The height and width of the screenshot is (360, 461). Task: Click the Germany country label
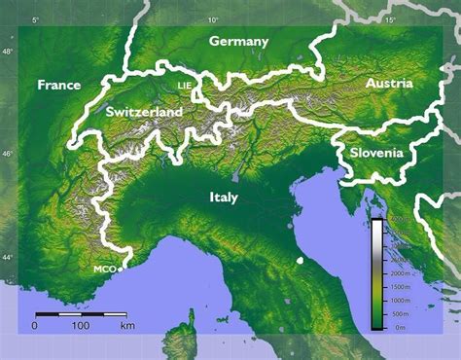(238, 42)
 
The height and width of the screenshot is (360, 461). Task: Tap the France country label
(58, 85)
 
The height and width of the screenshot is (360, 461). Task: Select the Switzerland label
(144, 112)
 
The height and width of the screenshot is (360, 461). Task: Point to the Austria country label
(389, 85)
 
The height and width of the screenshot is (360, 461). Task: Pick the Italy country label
(223, 197)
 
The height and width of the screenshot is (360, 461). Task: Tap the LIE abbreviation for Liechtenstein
(186, 86)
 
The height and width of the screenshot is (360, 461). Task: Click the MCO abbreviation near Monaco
(104, 269)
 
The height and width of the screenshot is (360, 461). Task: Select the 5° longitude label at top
(36, 20)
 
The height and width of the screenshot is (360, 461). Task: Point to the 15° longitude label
(391, 20)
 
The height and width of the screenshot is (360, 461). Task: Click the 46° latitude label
(8, 154)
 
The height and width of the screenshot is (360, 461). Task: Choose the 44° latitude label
(8, 257)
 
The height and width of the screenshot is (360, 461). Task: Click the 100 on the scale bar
(81, 325)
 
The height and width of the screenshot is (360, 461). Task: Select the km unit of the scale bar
(127, 325)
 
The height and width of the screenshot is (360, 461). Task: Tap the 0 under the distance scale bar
(35, 325)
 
